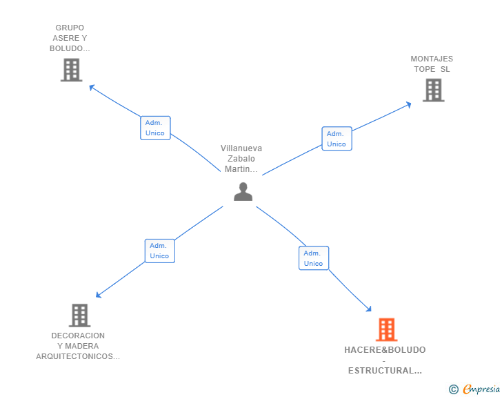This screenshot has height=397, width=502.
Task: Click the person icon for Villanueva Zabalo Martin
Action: (243, 191)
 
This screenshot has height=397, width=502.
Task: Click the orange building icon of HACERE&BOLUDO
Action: (386, 330)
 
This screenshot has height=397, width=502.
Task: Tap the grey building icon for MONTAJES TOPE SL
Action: (433, 90)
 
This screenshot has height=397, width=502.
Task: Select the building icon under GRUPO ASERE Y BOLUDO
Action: (71, 70)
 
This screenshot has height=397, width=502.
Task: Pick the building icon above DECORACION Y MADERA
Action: (80, 316)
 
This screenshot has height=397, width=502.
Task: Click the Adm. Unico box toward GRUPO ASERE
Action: (155, 128)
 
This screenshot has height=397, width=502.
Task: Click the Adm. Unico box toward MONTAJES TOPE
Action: (337, 139)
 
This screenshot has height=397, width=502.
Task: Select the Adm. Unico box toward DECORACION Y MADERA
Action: (159, 251)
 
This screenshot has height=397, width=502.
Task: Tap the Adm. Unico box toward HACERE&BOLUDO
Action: (314, 258)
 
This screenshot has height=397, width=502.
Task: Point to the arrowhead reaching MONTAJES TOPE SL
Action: (408, 104)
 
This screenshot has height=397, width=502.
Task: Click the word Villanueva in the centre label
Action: (241, 148)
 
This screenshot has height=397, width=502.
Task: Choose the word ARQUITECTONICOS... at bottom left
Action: (78, 356)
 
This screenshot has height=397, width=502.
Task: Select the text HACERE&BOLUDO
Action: (385, 350)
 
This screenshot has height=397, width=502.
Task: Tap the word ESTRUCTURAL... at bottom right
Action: (385, 371)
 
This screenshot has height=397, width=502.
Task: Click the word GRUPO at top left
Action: (70, 28)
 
